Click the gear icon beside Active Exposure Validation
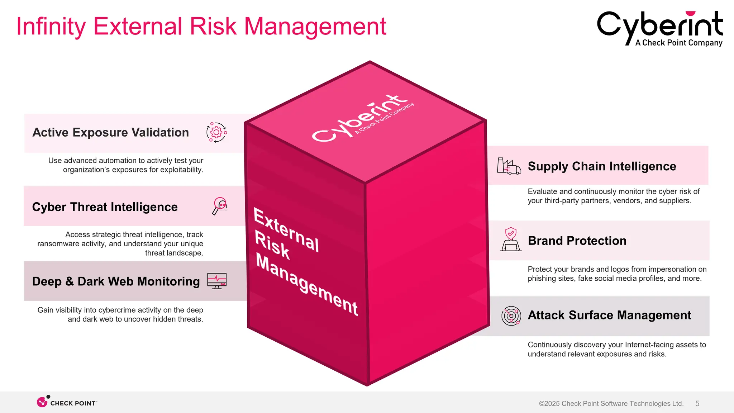(x=216, y=133)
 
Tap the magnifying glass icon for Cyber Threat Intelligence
(x=220, y=206)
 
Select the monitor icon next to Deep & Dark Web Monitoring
(x=217, y=281)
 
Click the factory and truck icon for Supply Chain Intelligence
(x=509, y=166)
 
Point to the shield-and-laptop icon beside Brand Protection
(x=511, y=239)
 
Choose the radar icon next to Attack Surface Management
(x=511, y=316)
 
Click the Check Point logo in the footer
(x=67, y=403)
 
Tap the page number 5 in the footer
(x=697, y=404)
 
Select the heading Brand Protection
(x=577, y=241)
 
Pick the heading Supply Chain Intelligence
(x=602, y=166)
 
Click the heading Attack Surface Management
(x=609, y=315)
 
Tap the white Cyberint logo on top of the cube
(x=362, y=118)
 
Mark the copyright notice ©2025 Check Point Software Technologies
(x=611, y=404)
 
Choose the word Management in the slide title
(x=315, y=27)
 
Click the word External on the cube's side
(x=286, y=229)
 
